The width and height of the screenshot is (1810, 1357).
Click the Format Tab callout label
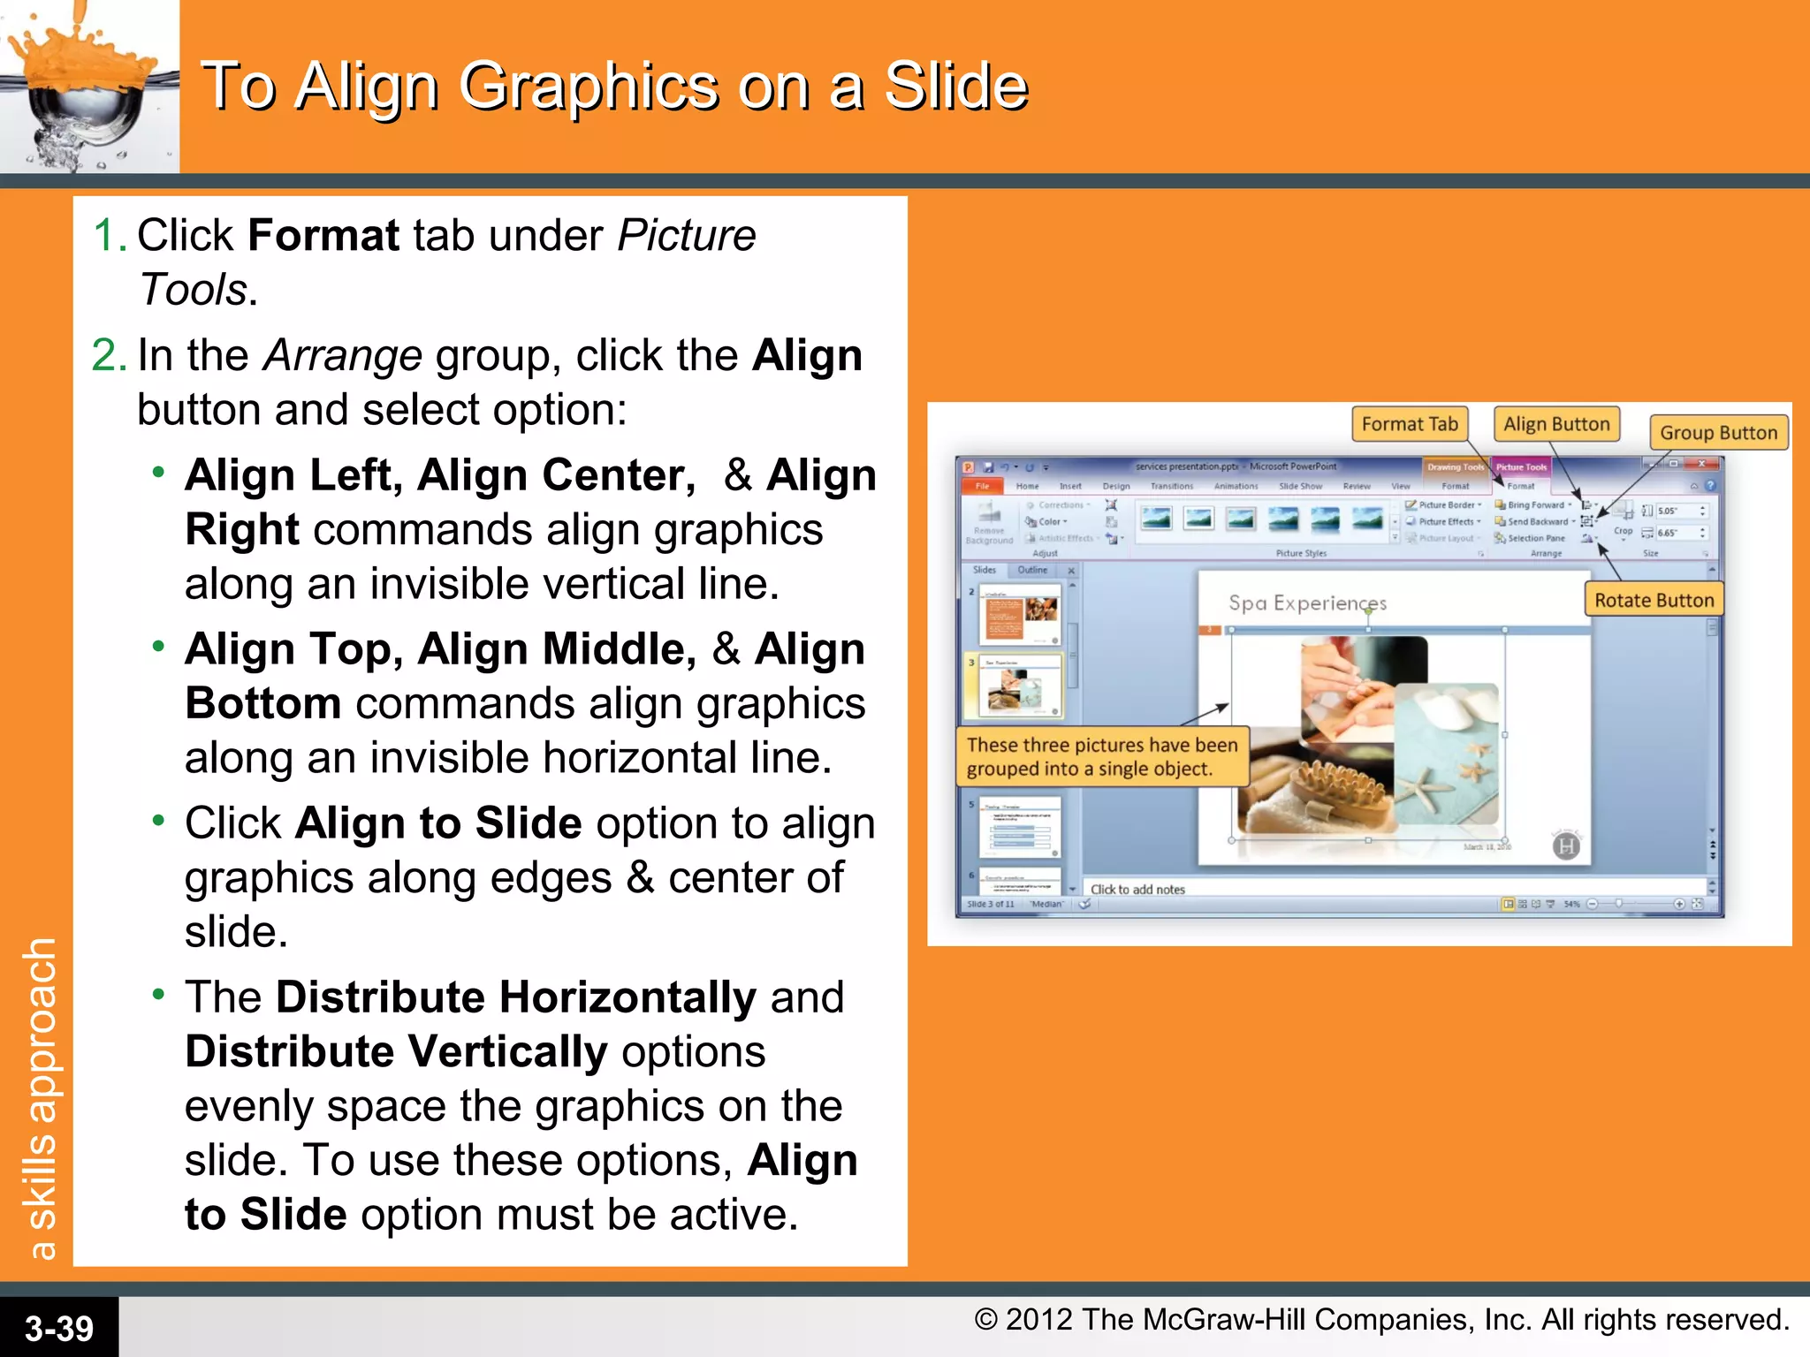point(1409,424)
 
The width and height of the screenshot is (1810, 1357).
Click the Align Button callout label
point(1556,424)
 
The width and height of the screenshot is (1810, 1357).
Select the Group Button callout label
point(1717,433)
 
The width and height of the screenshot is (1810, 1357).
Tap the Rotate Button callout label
point(1653,601)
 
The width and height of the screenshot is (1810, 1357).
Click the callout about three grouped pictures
point(1101,756)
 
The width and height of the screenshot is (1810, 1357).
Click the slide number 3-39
point(58,1328)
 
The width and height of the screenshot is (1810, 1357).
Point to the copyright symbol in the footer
point(985,1320)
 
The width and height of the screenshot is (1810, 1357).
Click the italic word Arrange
point(343,356)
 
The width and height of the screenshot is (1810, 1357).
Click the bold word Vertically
point(507,1052)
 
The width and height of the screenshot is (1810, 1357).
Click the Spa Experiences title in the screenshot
point(1306,603)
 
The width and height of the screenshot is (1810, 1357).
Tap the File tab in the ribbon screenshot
point(982,486)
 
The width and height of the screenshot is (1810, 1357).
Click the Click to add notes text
point(1137,890)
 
